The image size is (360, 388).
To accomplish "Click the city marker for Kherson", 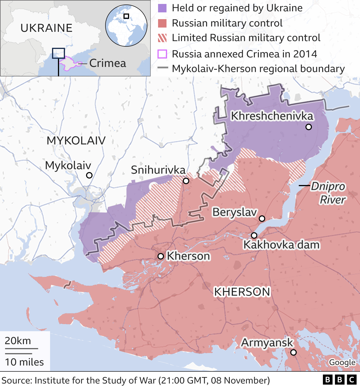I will pos(161,256).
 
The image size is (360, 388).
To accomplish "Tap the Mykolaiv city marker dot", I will pos(89,175).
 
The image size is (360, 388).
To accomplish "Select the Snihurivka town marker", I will pos(186,181).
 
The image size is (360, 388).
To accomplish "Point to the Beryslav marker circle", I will pos(262,218).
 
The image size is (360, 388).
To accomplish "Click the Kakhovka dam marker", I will pos(254,235).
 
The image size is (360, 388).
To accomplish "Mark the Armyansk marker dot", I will pos(293,352).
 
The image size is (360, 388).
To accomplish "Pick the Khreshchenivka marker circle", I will pos(309,127).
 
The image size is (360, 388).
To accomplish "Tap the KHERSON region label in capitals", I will pos(242,292).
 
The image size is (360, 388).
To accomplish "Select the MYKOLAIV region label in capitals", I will pos(76,141).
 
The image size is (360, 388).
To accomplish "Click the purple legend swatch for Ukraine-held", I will pos(162,8).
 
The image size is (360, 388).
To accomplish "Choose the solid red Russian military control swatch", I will pos(162,23).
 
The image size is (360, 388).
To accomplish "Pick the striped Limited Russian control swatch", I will pos(162,38).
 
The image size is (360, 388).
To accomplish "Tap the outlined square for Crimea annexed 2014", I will pos(162,54).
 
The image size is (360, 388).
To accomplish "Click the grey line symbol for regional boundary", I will pos(163,68).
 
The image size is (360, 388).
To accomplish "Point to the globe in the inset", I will pos(126,26).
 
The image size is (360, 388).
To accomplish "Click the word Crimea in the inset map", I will pos(107,63).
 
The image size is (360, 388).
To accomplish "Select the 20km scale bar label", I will pos(18,341).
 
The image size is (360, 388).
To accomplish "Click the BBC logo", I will pos(339,380).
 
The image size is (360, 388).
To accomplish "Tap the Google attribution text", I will pos(342,362).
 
